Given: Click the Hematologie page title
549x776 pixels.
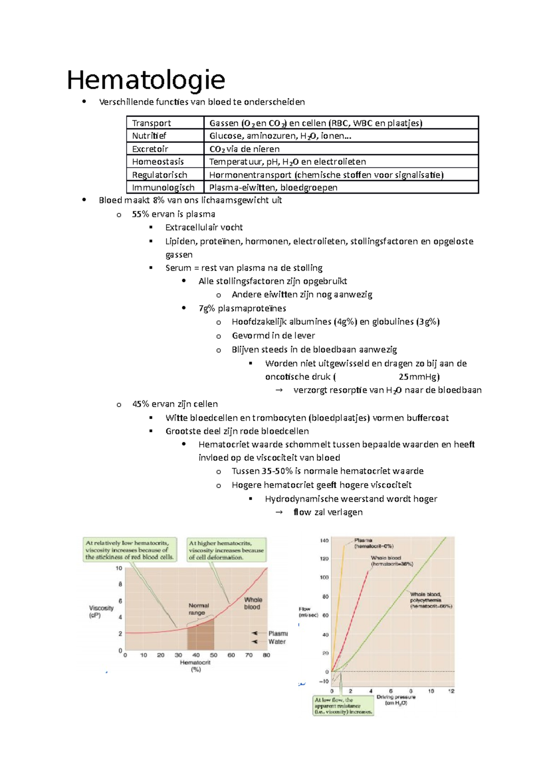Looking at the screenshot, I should point(146,80).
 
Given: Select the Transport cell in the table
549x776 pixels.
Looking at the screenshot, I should point(151,123).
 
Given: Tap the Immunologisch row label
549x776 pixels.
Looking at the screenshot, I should point(163,187).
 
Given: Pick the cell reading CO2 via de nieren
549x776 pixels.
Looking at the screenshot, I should point(244,149).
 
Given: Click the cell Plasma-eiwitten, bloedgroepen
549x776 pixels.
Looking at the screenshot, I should point(273,187).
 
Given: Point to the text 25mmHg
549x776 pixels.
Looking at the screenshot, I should point(419,377).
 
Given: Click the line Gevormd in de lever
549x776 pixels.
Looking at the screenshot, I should point(273,335).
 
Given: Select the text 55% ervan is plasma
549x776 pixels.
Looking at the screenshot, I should point(173,214).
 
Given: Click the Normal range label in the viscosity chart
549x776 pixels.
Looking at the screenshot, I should point(199,609).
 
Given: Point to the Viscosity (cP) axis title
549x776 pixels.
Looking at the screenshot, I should point(101,611).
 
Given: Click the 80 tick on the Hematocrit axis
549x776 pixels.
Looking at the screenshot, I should point(266,655).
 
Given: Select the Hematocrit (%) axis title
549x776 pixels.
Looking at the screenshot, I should point(195,665).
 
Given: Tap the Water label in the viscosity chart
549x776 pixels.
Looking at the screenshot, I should point(277,642).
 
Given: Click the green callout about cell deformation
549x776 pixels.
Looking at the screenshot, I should point(226,550).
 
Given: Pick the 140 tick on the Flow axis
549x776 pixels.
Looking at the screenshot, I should point(324,540).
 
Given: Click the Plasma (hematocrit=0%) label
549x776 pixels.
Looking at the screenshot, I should point(373,543).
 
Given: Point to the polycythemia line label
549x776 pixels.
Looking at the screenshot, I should point(431,600).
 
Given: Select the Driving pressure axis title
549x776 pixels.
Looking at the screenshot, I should point(396,700).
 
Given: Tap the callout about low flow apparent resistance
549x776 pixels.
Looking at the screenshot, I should point(343,706).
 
